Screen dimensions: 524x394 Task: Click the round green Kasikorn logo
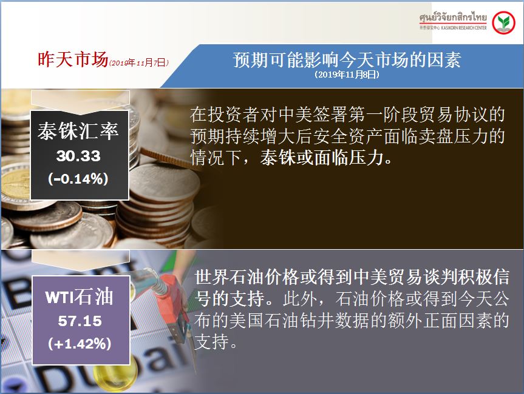pyautogui.click(x=503, y=22)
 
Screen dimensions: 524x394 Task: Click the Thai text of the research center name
pyautogui.click(x=453, y=18)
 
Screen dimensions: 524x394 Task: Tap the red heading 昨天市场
pyautogui.click(x=72, y=59)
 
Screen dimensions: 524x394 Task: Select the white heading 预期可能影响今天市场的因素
pyautogui.click(x=347, y=60)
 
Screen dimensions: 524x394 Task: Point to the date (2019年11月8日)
pyautogui.click(x=347, y=75)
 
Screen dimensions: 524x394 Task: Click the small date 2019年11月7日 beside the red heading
pyautogui.click(x=139, y=62)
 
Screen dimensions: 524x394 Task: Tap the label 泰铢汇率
pyautogui.click(x=78, y=131)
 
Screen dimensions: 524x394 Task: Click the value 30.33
pyautogui.click(x=78, y=156)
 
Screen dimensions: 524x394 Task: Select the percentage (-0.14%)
pyautogui.click(x=78, y=179)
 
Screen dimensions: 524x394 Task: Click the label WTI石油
pyautogui.click(x=79, y=296)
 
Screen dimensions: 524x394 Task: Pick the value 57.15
pyautogui.click(x=80, y=321)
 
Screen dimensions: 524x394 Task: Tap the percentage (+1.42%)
pyautogui.click(x=80, y=344)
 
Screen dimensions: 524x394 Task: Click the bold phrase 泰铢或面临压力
pyautogui.click(x=321, y=158)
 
